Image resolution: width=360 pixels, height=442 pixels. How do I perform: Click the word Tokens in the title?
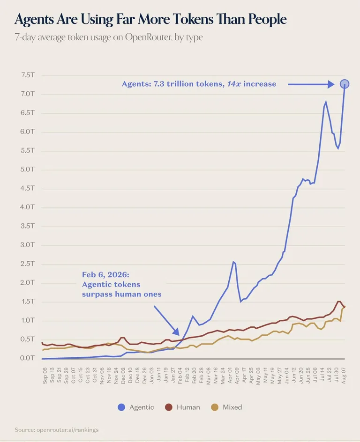pyautogui.click(x=192, y=19)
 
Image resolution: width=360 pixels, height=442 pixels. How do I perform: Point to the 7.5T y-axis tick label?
pyautogui.click(x=28, y=75)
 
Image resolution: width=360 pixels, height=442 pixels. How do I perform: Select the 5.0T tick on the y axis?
pyautogui.click(x=28, y=169)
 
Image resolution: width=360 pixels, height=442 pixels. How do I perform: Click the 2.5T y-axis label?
pyautogui.click(x=28, y=264)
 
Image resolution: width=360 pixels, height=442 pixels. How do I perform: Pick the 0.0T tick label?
pyautogui.click(x=27, y=358)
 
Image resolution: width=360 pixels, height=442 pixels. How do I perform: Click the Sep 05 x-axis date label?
pyautogui.click(x=45, y=376)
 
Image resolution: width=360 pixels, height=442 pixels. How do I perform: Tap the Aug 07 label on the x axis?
pyautogui.click(x=343, y=376)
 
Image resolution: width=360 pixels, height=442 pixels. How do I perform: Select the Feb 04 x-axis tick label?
pyautogui.click(x=180, y=376)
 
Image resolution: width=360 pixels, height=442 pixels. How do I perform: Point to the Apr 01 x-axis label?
pyautogui.click(x=230, y=376)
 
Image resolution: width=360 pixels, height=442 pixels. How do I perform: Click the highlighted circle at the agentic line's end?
pyautogui.click(x=345, y=84)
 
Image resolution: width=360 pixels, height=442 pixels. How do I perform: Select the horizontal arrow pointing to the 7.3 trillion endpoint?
pyautogui.click(x=311, y=84)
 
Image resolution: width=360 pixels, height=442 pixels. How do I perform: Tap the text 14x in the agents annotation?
pyautogui.click(x=234, y=84)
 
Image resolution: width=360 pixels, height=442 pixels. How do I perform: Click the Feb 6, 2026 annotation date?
pyautogui.click(x=105, y=275)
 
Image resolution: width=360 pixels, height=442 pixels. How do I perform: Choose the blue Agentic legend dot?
pyautogui.click(x=121, y=407)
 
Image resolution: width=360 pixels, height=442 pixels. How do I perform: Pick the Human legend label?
pyautogui.click(x=188, y=407)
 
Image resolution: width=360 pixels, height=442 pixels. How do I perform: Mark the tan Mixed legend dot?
pyautogui.click(x=215, y=407)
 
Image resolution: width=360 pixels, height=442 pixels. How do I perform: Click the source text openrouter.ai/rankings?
pyautogui.click(x=67, y=430)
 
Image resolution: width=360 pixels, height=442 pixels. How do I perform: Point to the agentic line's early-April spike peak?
pyautogui.click(x=233, y=262)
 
